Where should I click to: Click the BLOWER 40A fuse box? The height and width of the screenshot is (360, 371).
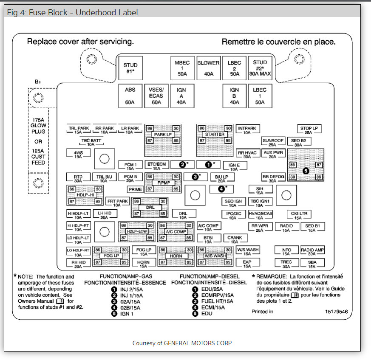click(208, 68)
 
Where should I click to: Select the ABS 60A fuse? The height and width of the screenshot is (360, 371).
click(130, 96)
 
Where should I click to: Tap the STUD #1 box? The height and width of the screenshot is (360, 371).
click(130, 68)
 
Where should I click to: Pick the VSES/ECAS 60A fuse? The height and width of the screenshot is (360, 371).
click(156, 96)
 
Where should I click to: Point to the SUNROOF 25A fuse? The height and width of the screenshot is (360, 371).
click(273, 142)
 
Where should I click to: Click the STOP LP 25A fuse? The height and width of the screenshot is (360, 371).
click(309, 130)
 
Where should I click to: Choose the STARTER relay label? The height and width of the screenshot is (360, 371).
click(215, 135)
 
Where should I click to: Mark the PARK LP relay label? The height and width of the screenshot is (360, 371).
click(163, 135)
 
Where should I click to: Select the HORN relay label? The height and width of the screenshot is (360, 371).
click(176, 256)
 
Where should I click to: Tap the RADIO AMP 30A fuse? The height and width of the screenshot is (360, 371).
click(312, 252)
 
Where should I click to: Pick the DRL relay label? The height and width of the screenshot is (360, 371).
click(150, 208)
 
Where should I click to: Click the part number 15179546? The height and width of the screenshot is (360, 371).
click(336, 312)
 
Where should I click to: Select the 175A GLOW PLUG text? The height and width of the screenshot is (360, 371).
click(38, 126)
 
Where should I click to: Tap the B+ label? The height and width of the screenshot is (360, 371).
click(38, 82)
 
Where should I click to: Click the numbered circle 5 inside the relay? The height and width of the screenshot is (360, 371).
click(306, 171)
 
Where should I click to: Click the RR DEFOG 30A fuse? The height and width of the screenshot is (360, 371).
click(273, 177)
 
